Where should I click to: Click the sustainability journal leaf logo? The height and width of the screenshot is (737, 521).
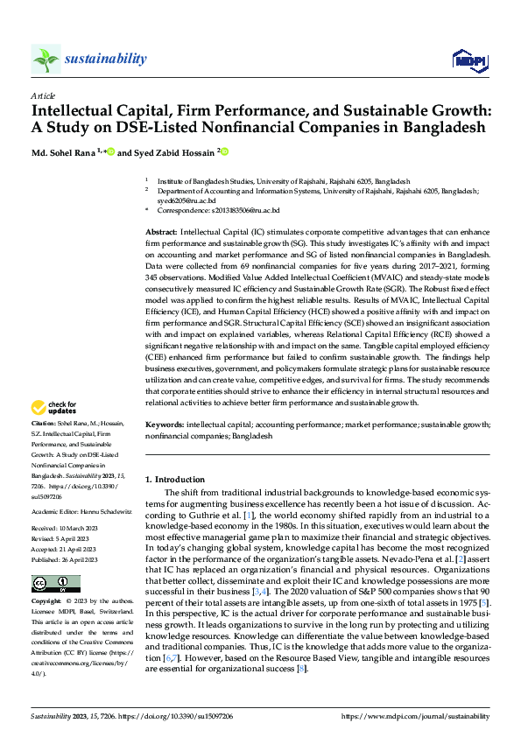coord(46,60)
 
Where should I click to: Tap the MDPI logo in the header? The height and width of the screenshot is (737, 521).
coord(469,60)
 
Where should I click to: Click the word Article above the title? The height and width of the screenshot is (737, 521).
coord(43,95)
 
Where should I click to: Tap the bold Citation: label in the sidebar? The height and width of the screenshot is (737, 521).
coord(45,425)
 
